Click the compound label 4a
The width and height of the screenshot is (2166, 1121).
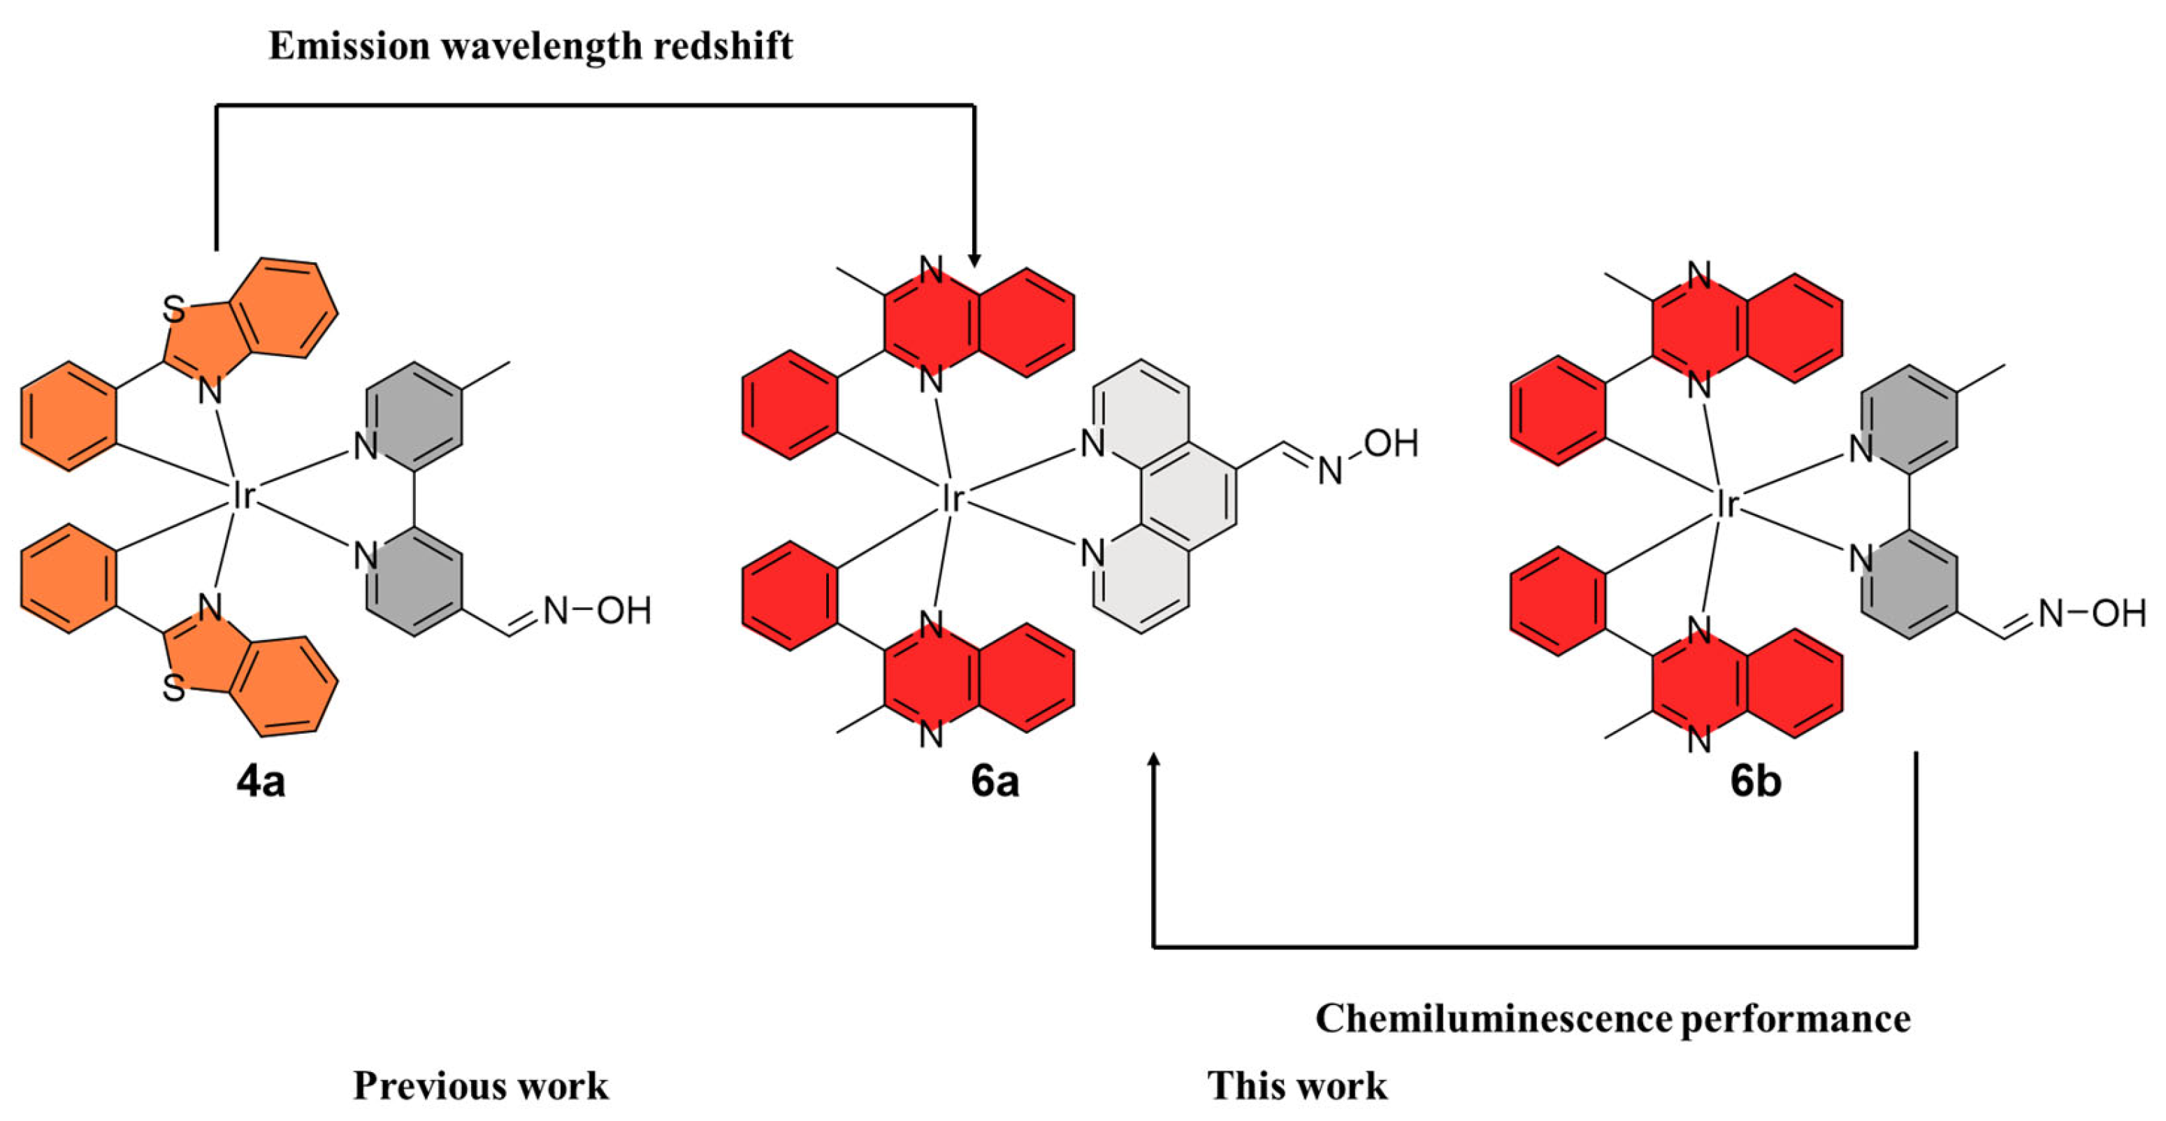(x=261, y=782)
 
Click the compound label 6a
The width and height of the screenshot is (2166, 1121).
(x=995, y=781)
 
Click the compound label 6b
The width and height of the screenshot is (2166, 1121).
(x=1755, y=781)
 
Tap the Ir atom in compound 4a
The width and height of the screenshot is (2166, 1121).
(x=241, y=497)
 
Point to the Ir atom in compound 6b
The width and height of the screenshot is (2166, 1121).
(x=1726, y=505)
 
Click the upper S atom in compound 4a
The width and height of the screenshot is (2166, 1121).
(x=173, y=310)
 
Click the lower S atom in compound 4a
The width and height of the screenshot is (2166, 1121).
(x=173, y=689)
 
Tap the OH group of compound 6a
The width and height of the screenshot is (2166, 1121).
(x=1391, y=443)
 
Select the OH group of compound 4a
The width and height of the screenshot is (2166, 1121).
(x=624, y=611)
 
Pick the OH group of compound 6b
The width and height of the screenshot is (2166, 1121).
(x=2118, y=613)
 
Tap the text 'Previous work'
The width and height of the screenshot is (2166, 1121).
(x=480, y=1085)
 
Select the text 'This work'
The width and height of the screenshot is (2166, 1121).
(x=1297, y=1085)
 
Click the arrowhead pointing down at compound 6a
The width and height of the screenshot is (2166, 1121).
(x=974, y=260)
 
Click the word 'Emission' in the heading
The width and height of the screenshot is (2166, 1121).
(x=348, y=45)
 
